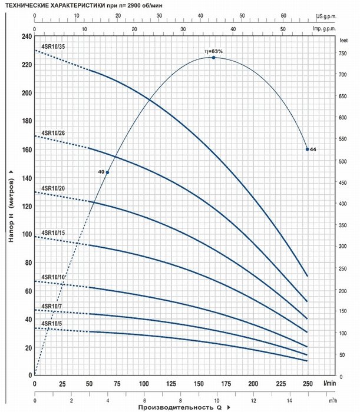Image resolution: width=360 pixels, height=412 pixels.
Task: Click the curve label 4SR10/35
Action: pyautogui.click(x=53, y=46)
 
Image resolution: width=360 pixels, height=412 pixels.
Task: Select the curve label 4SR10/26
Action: pyautogui.click(x=53, y=133)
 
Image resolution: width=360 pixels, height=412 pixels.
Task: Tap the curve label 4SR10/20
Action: pyautogui.click(x=53, y=188)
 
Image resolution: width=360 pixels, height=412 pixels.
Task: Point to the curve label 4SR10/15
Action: pyautogui.click(x=53, y=233)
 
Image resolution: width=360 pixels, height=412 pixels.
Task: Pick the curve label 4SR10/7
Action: pyautogui.click(x=51, y=306)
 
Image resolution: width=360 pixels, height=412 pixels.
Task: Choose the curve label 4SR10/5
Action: pyautogui.click(x=51, y=324)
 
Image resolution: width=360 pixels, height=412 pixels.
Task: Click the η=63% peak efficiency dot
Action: pyautogui.click(x=213, y=58)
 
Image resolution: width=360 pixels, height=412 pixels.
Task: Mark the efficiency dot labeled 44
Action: pyautogui.click(x=307, y=149)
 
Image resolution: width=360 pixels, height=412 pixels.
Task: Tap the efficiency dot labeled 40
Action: pyautogui.click(x=107, y=172)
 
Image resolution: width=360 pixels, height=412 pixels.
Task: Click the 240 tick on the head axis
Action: pyautogui.click(x=27, y=36)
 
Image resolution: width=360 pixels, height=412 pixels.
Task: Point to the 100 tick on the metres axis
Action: pyautogui.click(x=27, y=234)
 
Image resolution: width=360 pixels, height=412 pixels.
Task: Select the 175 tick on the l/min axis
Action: pyautogui.click(x=226, y=384)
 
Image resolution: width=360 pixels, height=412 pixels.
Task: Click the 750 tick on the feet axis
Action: pyautogui.click(x=342, y=54)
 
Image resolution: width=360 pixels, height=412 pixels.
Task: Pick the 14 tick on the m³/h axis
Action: pyautogui.click(x=290, y=401)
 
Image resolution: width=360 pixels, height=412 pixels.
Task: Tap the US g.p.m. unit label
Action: pyautogui.click(x=326, y=16)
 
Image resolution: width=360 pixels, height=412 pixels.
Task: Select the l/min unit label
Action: pyautogui.click(x=330, y=383)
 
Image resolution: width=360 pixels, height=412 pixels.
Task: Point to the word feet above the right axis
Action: pyautogui.click(x=344, y=41)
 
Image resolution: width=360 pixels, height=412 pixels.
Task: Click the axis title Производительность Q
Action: pyautogui.click(x=180, y=407)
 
